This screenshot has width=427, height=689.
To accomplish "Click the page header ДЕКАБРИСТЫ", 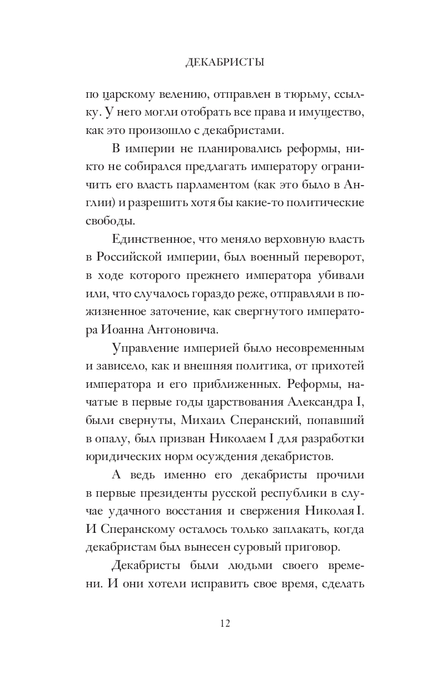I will click(224, 63).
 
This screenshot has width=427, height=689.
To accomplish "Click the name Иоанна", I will click(121, 329).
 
